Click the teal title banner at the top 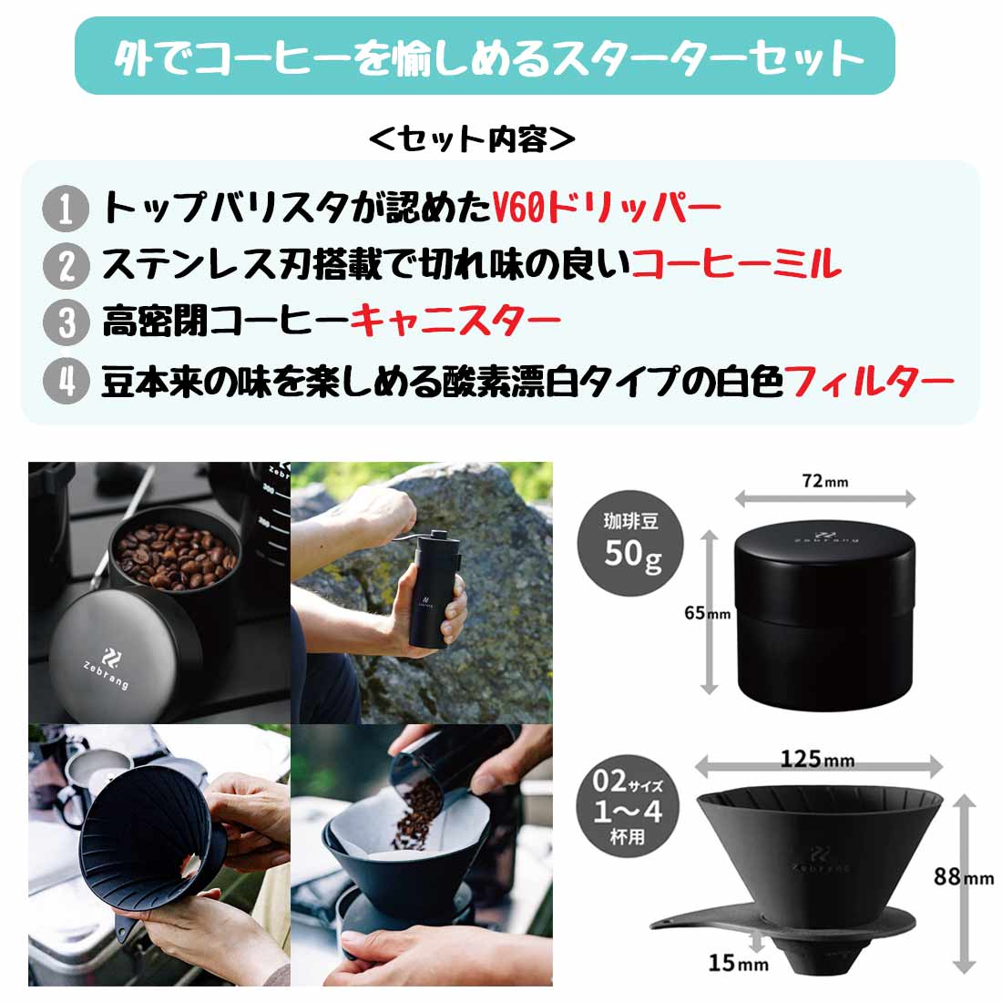(x=484, y=56)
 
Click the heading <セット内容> (x=473, y=139)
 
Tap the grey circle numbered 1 (x=66, y=209)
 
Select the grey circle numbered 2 (x=66, y=265)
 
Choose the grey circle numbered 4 (x=66, y=381)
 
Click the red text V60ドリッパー (x=606, y=209)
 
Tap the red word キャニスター (x=455, y=322)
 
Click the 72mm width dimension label (x=824, y=481)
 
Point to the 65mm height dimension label (x=707, y=613)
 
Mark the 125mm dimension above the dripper (x=816, y=758)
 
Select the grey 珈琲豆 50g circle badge (x=632, y=539)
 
